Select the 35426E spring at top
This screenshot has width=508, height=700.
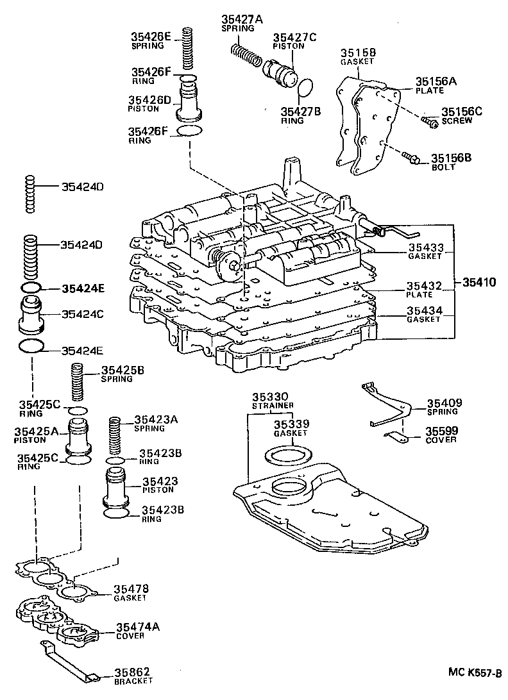click(x=188, y=49)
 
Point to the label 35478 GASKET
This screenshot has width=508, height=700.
click(x=131, y=592)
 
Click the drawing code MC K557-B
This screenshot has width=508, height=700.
click(x=475, y=674)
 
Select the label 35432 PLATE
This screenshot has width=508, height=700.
click(x=424, y=289)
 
